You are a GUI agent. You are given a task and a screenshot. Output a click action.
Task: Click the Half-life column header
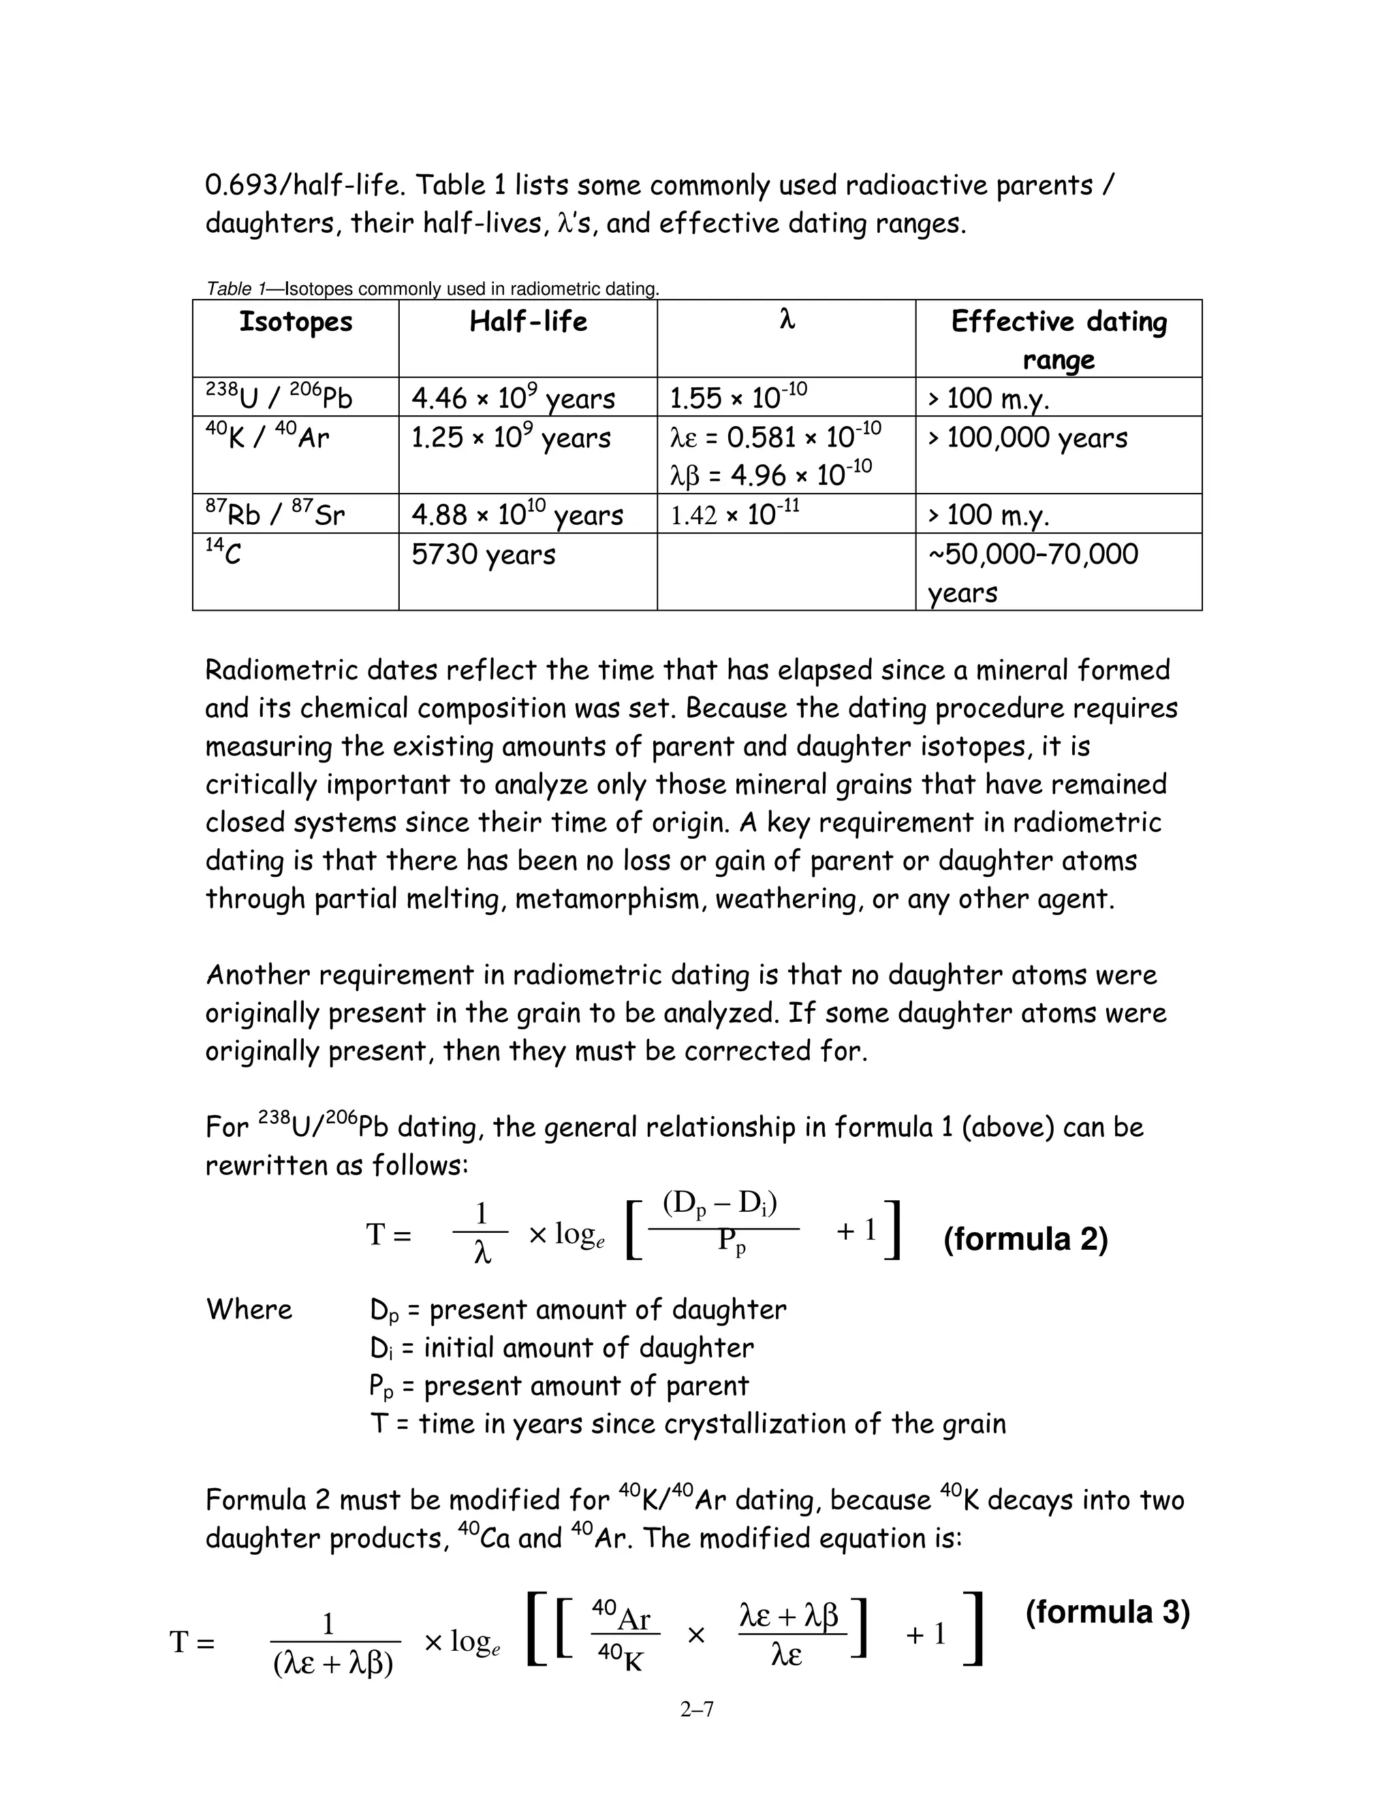coord(528,321)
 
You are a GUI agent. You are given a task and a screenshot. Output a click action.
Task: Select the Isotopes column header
coord(295,321)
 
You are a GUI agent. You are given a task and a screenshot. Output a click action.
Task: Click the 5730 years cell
coord(483,554)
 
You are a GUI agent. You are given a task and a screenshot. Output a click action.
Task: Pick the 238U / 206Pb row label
coord(279,398)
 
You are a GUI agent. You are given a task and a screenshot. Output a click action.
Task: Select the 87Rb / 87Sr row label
coord(275,515)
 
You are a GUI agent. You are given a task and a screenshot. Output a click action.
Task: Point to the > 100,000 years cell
coord(1027,438)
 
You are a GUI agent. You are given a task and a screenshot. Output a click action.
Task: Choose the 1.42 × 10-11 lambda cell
coord(734,515)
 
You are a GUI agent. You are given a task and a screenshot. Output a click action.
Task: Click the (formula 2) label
coord(1024,1239)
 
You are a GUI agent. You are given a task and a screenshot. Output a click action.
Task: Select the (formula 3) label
coord(1107,1612)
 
